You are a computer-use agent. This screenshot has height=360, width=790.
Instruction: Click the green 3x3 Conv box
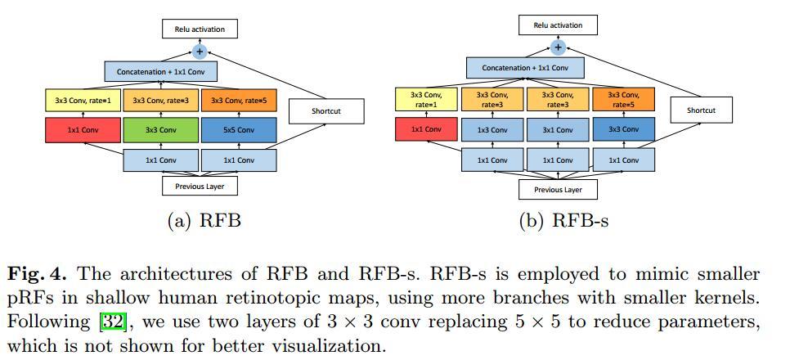pos(161,129)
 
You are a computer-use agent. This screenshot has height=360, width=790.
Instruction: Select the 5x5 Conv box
pos(238,129)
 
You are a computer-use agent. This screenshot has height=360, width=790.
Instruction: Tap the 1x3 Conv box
pos(492,129)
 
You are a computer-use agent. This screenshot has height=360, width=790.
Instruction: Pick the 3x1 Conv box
pos(558,129)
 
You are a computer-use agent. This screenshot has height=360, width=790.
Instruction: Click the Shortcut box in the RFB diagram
pos(326,111)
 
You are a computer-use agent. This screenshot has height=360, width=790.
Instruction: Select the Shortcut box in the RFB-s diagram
pos(700,110)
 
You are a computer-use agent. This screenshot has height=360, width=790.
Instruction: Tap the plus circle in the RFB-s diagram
pos(558,47)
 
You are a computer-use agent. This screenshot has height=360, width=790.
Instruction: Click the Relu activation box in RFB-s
pos(558,25)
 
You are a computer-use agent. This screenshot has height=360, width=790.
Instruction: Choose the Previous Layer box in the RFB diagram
pos(199,187)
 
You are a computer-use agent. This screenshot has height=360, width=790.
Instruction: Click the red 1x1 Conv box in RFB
pos(83,129)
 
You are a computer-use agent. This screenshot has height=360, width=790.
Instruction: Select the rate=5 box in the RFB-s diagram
pos(623,100)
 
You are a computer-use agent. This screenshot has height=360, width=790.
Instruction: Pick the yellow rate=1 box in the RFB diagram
pos(83,101)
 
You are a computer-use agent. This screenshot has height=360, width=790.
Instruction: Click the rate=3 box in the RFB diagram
pos(161,101)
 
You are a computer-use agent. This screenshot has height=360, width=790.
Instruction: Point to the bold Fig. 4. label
pos(38,274)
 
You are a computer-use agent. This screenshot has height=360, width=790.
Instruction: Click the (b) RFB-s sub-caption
pos(563,221)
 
